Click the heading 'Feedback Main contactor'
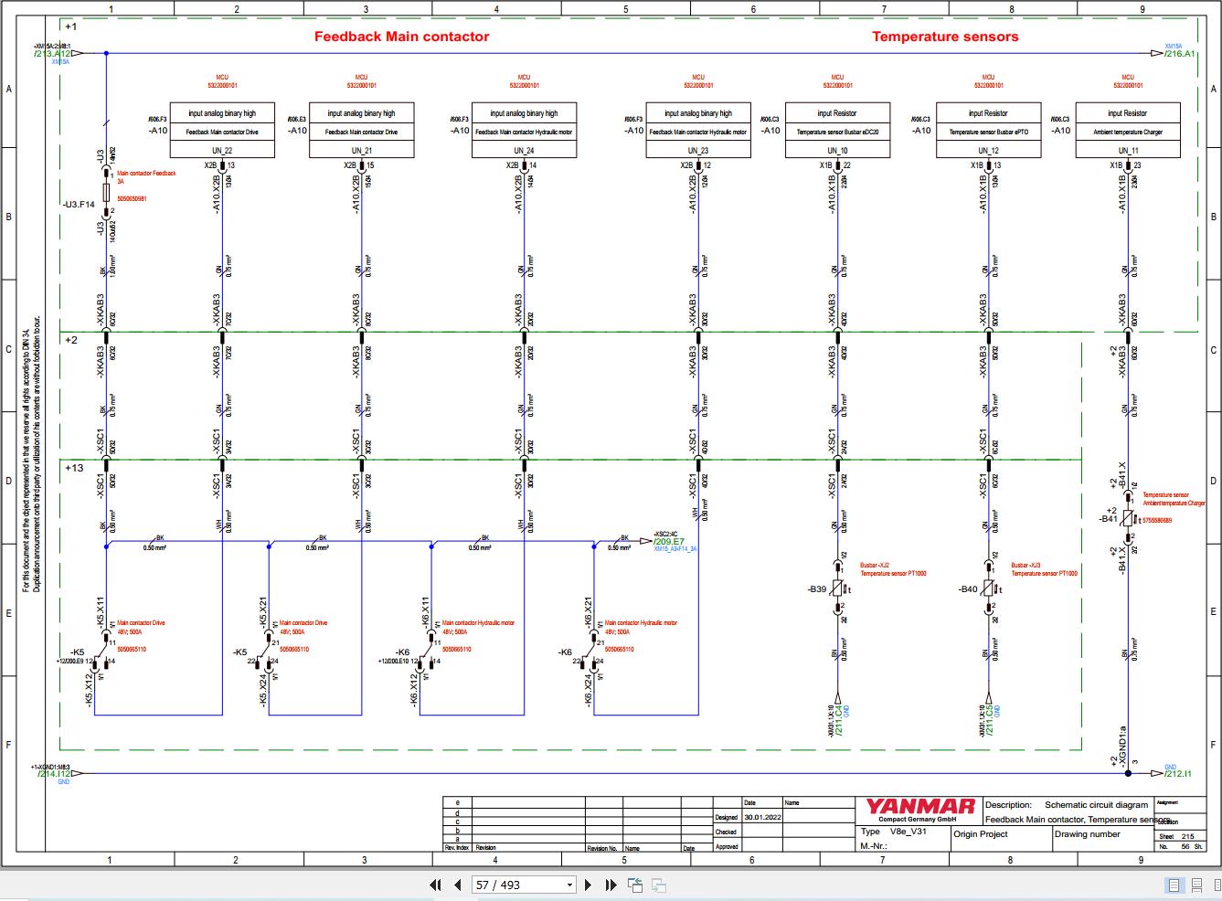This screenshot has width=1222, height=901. (401, 37)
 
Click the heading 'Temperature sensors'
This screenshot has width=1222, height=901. (944, 37)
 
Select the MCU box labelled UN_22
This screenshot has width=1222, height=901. (222, 131)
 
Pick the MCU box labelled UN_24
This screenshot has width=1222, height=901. (523, 131)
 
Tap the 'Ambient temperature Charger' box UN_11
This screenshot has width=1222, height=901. (1127, 131)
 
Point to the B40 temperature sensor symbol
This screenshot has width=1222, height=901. (988, 589)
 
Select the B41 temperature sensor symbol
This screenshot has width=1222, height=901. (1128, 518)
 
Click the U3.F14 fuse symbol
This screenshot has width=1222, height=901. (107, 193)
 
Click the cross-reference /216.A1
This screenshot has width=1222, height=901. (1179, 54)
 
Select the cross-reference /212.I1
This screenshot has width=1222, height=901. (1179, 774)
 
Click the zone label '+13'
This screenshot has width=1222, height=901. (74, 468)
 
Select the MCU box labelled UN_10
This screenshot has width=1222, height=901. (837, 131)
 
